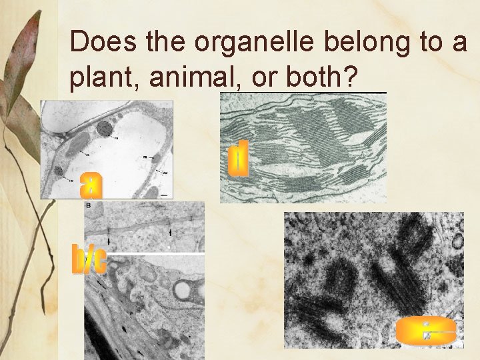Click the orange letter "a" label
[91, 185]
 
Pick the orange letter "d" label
[239, 159]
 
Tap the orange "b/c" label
[89, 260]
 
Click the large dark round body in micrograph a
[105, 129]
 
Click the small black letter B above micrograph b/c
[88, 207]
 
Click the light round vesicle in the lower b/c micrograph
[181, 290]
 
